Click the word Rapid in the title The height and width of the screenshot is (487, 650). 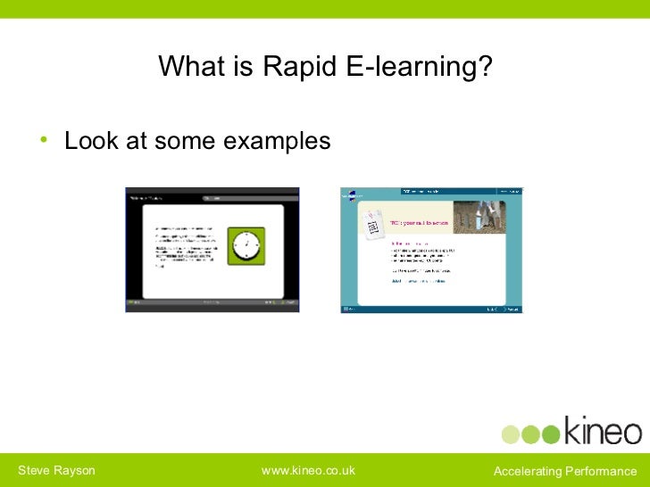[x=296, y=68]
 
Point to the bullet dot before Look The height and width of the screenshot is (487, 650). [x=42, y=142]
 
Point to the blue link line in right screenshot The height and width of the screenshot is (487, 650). [x=418, y=281]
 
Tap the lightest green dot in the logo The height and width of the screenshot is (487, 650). [x=509, y=434]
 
